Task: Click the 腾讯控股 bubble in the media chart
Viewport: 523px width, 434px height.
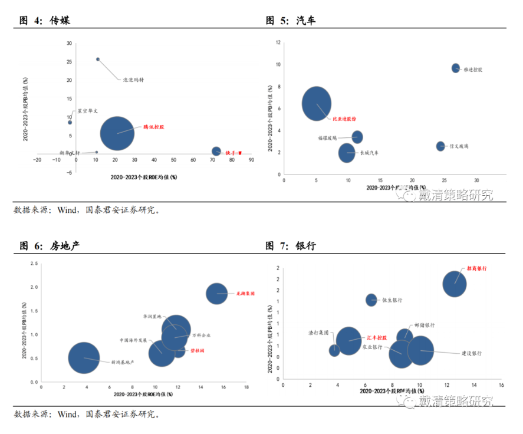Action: tap(118, 133)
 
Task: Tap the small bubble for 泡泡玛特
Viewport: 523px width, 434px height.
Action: tap(98, 59)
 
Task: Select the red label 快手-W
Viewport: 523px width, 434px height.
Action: tap(231, 152)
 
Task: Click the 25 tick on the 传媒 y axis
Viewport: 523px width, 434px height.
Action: tap(69, 61)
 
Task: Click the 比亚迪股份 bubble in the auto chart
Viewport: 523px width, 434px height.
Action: tap(317, 104)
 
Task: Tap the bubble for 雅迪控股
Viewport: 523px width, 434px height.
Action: tap(456, 68)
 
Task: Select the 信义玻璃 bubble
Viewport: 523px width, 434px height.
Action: tap(440, 146)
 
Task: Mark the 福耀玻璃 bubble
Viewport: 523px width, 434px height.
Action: tap(357, 137)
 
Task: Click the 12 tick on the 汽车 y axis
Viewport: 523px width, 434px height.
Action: tap(278, 42)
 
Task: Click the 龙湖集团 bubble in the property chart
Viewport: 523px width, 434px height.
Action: tap(217, 293)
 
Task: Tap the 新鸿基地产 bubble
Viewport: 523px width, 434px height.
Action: tap(84, 357)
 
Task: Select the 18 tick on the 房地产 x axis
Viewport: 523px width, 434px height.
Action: tap(246, 387)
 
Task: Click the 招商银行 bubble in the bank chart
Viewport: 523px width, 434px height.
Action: tap(455, 284)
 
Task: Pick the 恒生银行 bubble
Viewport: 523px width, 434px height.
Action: tap(371, 300)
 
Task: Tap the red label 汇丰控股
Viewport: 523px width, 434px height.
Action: tap(376, 337)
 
